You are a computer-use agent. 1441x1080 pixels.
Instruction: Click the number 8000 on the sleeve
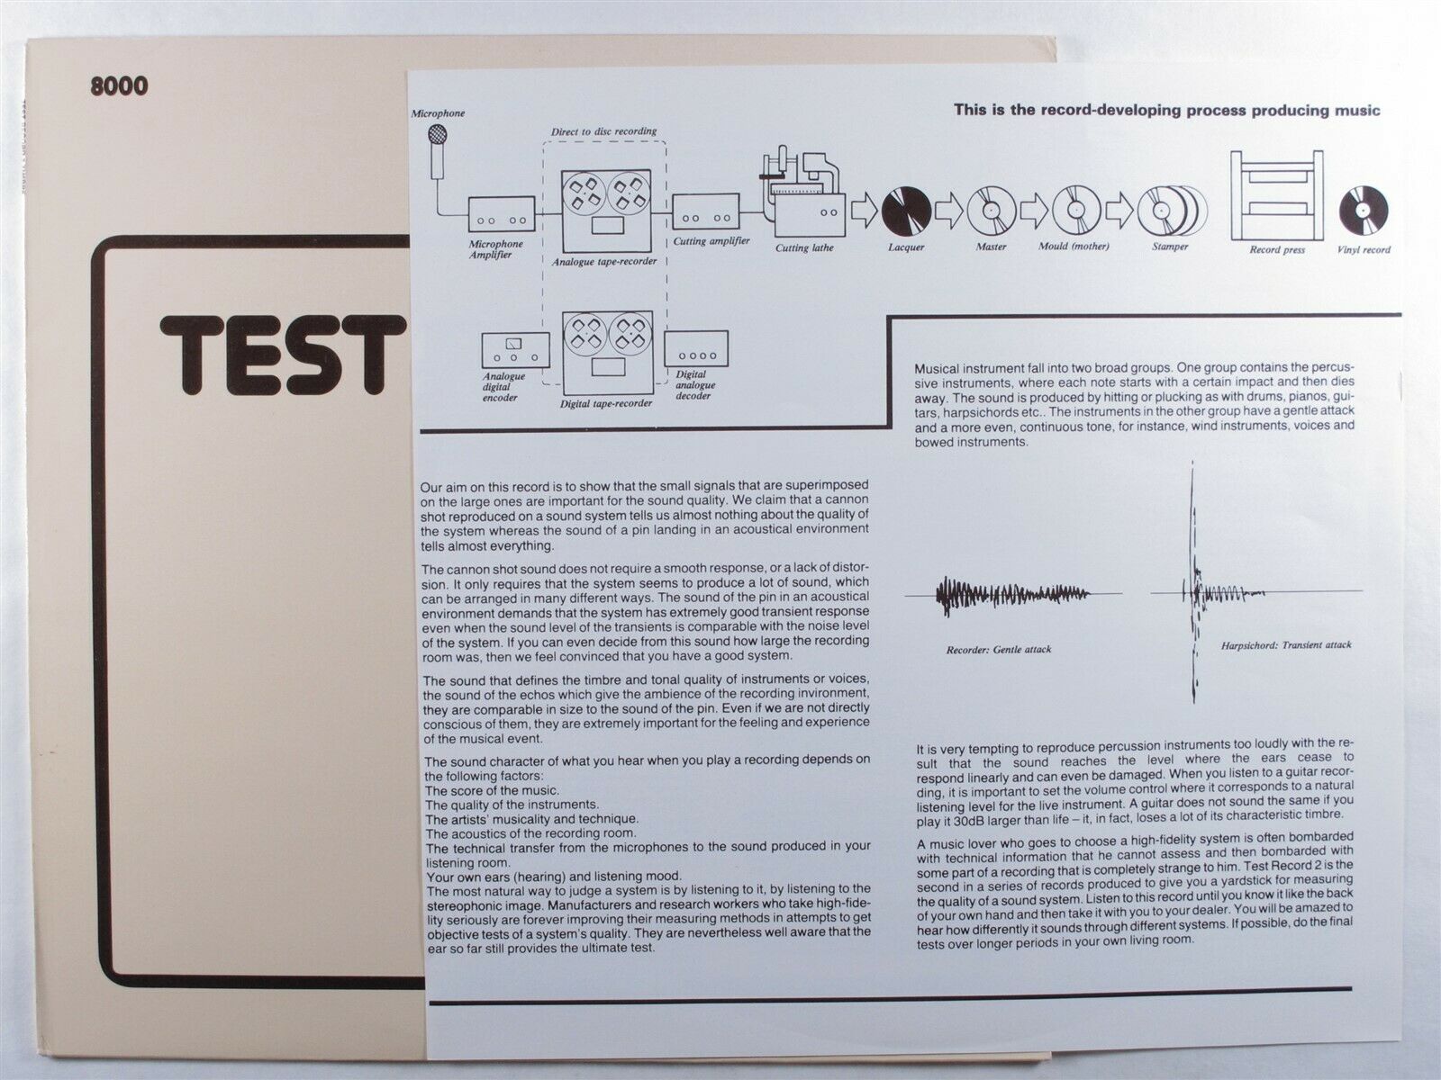click(x=119, y=85)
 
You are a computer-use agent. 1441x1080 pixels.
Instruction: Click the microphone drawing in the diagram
click(x=437, y=152)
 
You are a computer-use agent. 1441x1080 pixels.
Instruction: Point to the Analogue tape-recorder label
click(x=604, y=262)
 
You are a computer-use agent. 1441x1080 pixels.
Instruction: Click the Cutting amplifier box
click(x=706, y=211)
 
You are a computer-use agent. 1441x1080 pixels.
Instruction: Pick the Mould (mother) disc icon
click(x=1076, y=210)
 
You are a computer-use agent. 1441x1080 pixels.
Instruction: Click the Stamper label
click(x=1170, y=247)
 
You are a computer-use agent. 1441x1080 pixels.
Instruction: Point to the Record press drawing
click(x=1276, y=195)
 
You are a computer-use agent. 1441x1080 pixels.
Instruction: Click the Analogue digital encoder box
click(x=515, y=349)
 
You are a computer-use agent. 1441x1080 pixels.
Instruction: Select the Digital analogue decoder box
click(x=696, y=348)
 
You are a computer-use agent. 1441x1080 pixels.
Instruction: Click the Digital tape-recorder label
click(x=606, y=403)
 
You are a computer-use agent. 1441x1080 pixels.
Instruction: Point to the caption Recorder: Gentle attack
click(x=999, y=650)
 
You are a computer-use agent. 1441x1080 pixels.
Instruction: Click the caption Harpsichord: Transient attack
click(x=1286, y=645)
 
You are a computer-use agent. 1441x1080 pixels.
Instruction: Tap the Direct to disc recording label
click(x=603, y=131)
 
